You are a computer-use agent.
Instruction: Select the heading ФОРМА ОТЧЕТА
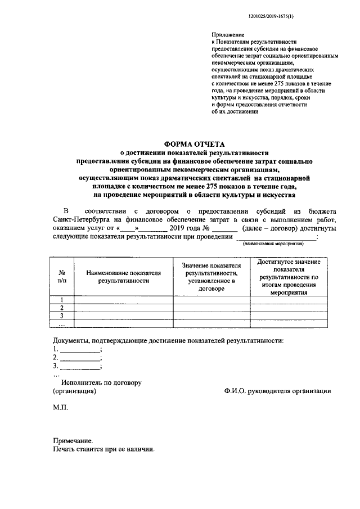coord(195,144)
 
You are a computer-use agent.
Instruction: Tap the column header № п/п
coord(62,275)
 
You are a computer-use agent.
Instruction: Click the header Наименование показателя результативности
coord(123,276)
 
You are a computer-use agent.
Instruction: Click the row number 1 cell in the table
coord(62,299)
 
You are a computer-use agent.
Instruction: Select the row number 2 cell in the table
coord(62,308)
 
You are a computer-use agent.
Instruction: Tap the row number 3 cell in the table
coord(62,316)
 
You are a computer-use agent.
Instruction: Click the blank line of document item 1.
coord(80,350)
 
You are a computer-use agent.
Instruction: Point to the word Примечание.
coord(71,441)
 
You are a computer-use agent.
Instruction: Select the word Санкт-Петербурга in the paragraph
coord(81,220)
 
